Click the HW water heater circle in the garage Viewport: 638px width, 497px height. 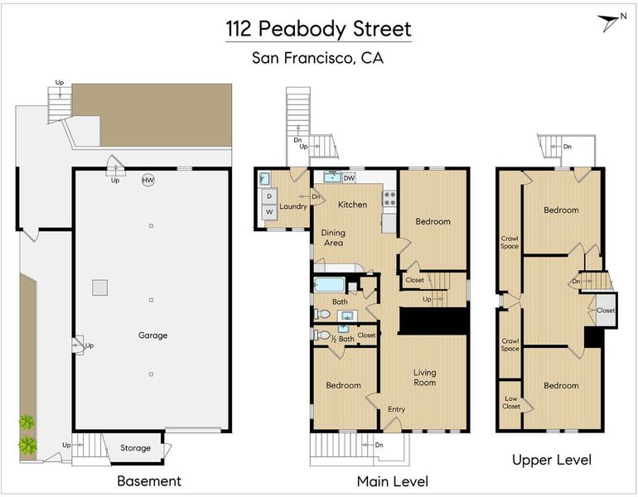click(148, 181)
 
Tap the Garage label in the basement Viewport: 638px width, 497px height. click(153, 335)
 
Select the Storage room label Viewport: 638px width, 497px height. click(136, 448)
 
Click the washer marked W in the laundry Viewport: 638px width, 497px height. click(269, 212)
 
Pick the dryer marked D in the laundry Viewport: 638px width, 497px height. click(269, 196)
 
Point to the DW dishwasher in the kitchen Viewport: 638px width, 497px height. click(349, 178)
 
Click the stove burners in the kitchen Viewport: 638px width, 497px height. click(389, 199)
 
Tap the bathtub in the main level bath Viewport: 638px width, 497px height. click(330, 285)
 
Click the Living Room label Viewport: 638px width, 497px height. click(425, 378)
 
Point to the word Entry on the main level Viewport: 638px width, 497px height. click(396, 409)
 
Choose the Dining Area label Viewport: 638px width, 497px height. click(333, 238)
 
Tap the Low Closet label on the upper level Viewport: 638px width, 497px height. click(511, 403)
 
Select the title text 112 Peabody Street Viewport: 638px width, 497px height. click(319, 29)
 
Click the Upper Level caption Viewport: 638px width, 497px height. click(552, 460)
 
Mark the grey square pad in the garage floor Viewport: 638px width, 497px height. click(99, 287)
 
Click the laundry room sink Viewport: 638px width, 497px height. click(264, 179)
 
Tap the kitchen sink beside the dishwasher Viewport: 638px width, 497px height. click(333, 177)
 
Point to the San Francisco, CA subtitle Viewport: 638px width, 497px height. click(318, 58)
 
